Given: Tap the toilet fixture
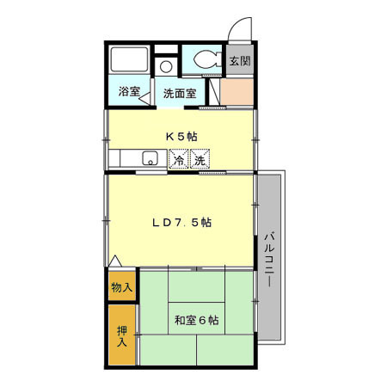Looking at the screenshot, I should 206,60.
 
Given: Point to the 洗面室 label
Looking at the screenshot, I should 180,91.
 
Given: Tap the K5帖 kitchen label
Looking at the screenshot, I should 181,135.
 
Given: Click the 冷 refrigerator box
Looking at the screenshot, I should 179,160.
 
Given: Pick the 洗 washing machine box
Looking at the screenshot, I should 200,160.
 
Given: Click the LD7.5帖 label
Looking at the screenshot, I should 181,222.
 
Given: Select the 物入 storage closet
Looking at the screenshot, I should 122,286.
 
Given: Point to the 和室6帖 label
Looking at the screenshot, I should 196,321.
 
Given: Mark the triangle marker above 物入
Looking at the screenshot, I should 115,261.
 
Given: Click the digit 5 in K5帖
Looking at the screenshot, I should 181,135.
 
